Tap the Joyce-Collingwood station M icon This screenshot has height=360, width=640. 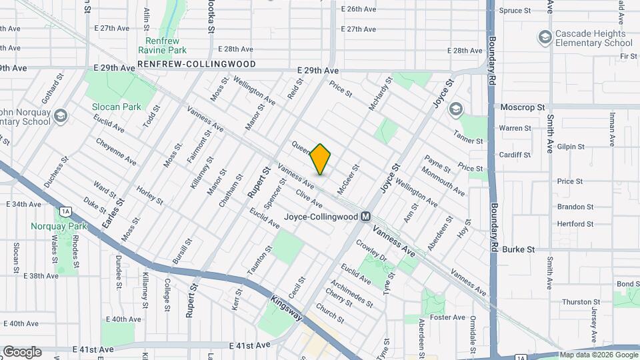pyautogui.click(x=365, y=217)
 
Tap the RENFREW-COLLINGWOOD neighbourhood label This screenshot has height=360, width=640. pyautogui.click(x=187, y=64)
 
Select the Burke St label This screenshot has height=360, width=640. pyautogui.click(x=519, y=249)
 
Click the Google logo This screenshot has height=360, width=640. pyautogui.click(x=22, y=351)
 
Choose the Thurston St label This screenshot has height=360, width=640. pyautogui.click(x=577, y=302)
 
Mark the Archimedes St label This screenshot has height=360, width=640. pyautogui.click(x=351, y=293)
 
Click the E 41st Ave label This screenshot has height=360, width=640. pyautogui.click(x=249, y=345)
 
